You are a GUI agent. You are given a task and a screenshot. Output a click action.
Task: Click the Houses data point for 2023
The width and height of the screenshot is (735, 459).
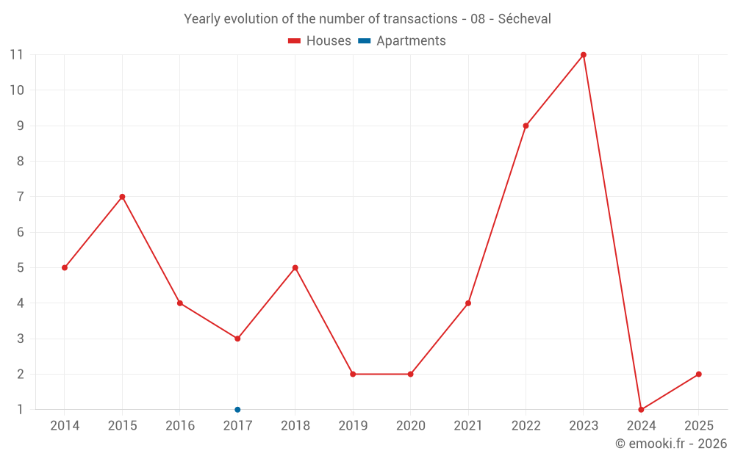584,55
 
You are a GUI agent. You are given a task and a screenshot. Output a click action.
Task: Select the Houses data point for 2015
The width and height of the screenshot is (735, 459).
122,197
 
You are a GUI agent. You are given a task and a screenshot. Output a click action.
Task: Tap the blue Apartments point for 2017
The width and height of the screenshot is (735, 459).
237,410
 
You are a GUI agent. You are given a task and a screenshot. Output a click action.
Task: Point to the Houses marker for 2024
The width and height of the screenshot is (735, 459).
641,410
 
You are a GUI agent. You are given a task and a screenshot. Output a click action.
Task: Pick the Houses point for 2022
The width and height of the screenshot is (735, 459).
526,126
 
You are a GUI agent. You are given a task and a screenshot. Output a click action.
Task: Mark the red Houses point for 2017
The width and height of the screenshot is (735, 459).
237,339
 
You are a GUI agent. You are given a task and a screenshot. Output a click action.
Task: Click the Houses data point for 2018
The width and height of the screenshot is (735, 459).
295,268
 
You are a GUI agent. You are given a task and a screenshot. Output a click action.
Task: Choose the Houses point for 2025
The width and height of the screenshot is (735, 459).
699,375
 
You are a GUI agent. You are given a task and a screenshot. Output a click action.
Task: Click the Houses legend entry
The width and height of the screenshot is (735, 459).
320,41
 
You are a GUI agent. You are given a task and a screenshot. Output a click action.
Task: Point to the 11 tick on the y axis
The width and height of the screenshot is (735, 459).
16,55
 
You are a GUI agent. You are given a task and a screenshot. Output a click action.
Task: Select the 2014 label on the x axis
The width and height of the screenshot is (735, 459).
65,426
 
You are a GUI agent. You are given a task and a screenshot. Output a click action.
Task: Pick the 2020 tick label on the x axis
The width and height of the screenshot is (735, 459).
410,426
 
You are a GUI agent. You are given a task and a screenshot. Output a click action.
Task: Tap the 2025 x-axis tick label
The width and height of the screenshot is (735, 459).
699,426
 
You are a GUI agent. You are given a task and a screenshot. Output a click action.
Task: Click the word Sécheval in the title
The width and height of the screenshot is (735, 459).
524,19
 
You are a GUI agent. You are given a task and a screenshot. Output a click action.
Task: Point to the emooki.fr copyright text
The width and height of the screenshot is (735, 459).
671,444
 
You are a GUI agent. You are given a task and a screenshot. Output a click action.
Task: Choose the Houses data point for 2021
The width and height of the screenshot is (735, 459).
468,303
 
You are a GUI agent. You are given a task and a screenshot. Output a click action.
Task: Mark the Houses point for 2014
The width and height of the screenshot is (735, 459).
65,268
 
